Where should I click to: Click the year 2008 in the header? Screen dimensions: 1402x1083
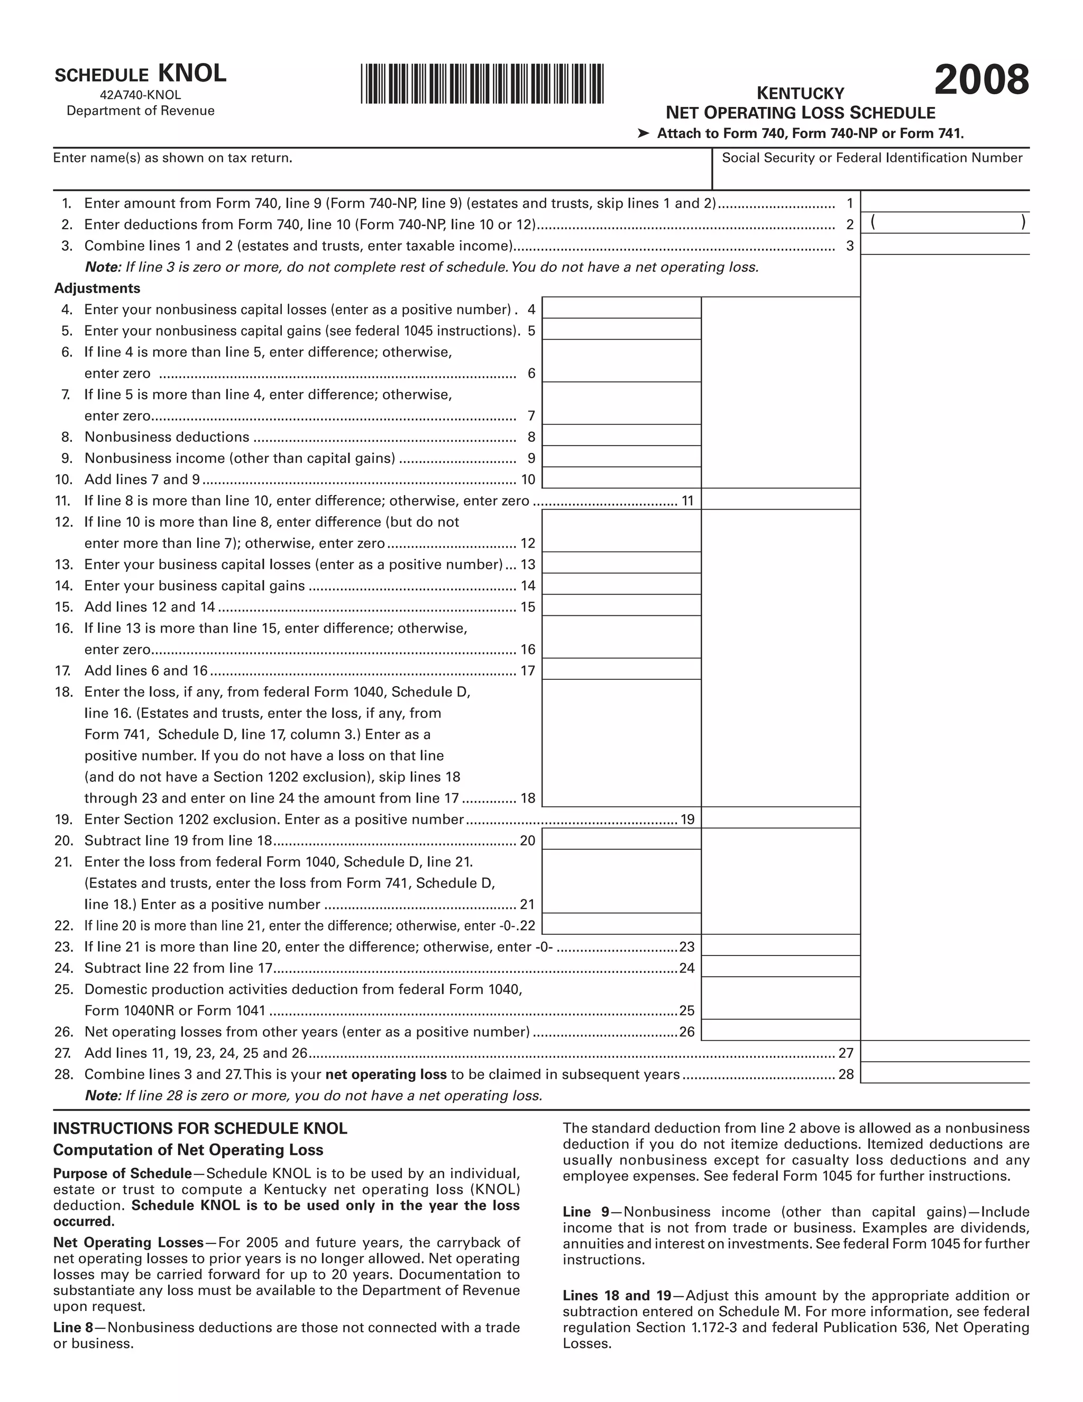coord(981,81)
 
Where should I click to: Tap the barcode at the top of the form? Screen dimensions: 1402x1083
coord(482,84)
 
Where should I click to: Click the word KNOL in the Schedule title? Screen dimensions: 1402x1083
coord(192,74)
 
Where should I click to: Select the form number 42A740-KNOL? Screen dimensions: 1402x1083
coord(141,95)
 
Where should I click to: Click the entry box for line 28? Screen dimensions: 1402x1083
coord(944,1073)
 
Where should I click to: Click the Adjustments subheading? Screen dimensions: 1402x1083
coord(97,288)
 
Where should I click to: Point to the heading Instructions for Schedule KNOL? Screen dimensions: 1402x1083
coord(200,1128)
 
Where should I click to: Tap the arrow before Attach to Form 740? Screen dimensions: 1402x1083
coord(643,133)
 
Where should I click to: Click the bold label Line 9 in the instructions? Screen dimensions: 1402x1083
coord(585,1212)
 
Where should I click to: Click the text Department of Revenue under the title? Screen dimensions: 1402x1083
coord(141,111)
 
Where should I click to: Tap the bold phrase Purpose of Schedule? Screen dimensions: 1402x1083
coord(122,1173)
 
